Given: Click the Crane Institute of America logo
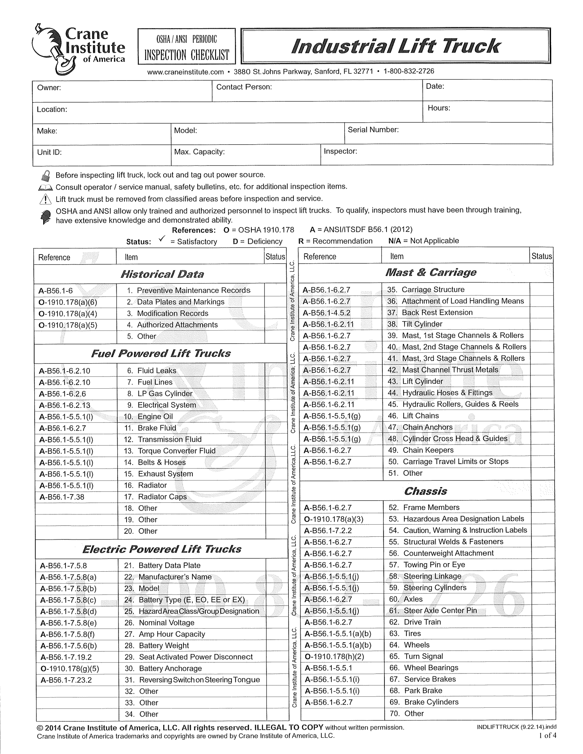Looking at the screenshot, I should (x=79, y=49).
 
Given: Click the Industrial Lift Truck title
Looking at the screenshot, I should (x=395, y=46).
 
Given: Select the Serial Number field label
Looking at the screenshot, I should (x=373, y=130).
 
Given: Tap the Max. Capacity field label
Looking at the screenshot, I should (x=199, y=152).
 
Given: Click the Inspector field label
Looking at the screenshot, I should (x=340, y=151).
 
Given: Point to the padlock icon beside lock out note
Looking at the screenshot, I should (x=46, y=176).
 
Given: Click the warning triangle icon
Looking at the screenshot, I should (x=45, y=199).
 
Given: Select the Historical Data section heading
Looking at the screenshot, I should (x=162, y=274).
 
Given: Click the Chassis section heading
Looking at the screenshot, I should (x=426, y=491).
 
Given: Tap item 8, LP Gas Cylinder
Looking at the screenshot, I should (x=165, y=393).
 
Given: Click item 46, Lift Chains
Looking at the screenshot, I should (x=420, y=416).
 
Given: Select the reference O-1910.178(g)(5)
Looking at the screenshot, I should (x=70, y=669).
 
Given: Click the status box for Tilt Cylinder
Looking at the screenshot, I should (x=541, y=324).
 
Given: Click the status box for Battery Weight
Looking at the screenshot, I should (x=277, y=646).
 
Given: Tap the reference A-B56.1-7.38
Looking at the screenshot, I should (x=62, y=497).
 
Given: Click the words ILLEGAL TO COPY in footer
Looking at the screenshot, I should (x=289, y=727).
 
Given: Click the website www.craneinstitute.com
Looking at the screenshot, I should (x=186, y=72).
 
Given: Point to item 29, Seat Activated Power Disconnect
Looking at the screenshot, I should (x=195, y=657).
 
